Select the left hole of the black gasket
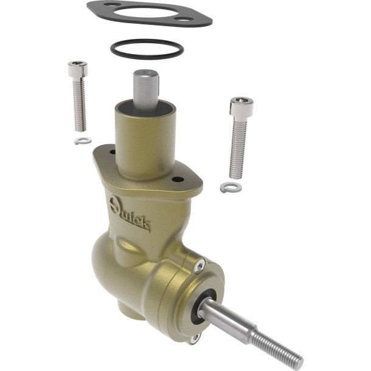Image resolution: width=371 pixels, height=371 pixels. click(109, 4)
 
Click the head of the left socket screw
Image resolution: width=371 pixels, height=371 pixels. click(78, 69)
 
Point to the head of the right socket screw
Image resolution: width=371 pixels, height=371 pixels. click(241, 107)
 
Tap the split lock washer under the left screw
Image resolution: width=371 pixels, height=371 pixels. click(83, 140)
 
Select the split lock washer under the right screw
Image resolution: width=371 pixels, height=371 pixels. click(231, 187)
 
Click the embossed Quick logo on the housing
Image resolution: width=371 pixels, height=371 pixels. click(130, 213)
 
